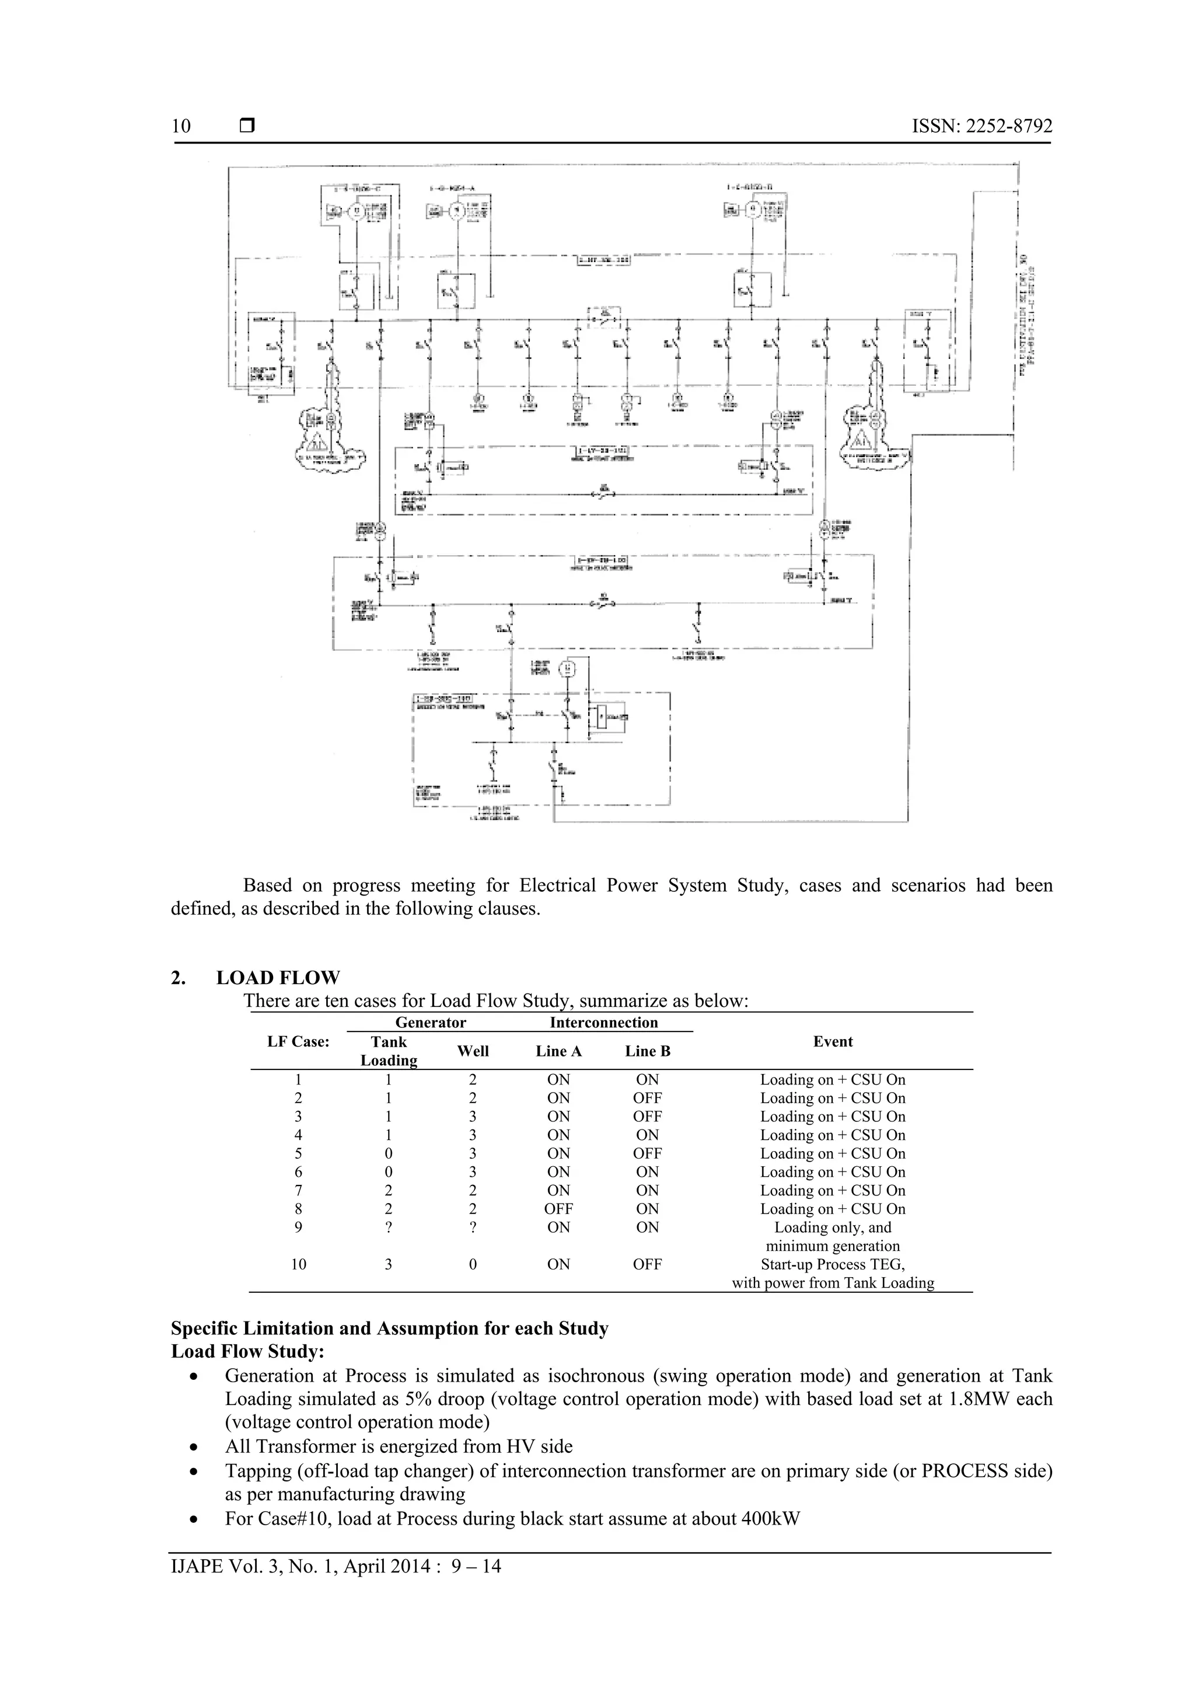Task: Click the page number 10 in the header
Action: [181, 126]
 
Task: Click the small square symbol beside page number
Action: [247, 126]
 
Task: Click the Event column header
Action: [833, 1041]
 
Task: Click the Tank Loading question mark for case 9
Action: [388, 1227]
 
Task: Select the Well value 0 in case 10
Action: [473, 1264]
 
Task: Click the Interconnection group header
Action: [604, 1022]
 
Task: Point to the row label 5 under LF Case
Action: [298, 1153]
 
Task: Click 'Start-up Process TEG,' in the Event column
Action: [833, 1264]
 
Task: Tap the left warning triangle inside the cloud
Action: [318, 442]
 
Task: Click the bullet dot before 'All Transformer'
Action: [194, 1447]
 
